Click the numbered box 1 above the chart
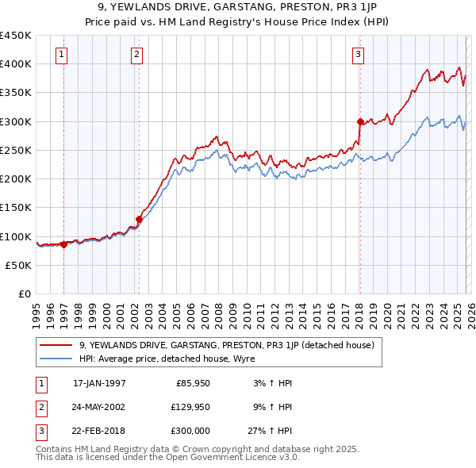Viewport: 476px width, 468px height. tap(62, 55)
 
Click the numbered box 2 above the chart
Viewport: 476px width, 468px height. tap(137, 55)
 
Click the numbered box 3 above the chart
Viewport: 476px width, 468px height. tap(359, 55)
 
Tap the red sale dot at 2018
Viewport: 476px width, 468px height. tap(359, 121)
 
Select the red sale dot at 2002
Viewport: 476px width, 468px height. tap(139, 219)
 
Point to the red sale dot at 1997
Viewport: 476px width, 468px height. tap(63, 244)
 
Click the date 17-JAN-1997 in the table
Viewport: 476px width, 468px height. tap(99, 383)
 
